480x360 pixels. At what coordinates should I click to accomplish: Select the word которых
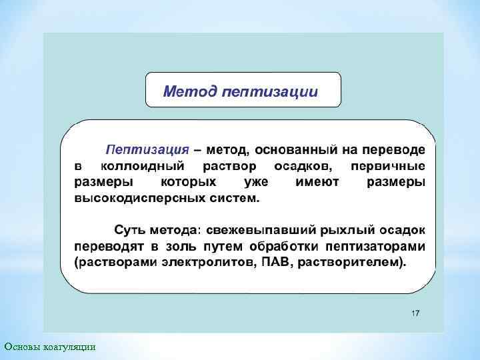click(189, 181)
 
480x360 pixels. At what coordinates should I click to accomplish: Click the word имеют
click(317, 181)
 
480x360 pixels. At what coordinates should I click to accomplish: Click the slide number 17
click(415, 313)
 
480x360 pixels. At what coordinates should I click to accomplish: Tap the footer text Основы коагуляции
click(49, 346)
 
